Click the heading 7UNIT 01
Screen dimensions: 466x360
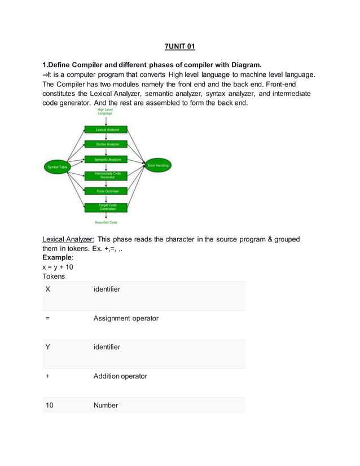pos(179,45)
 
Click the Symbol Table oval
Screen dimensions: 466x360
pos(57,167)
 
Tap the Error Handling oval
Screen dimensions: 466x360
pos(158,165)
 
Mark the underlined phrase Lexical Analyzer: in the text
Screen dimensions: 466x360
pos(68,239)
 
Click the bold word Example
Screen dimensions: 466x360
pos(58,257)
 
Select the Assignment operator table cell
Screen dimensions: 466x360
pos(126,318)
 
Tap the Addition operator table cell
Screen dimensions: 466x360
pos(120,376)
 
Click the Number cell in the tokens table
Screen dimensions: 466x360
pos(106,405)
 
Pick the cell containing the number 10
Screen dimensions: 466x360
pos(50,405)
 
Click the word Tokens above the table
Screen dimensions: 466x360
pos(54,276)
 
